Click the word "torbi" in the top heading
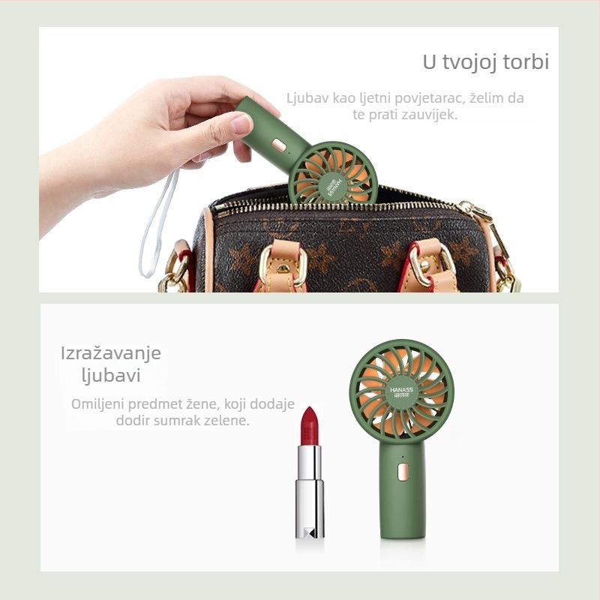pyautogui.click(x=526, y=61)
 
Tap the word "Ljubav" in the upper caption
pyautogui.click(x=308, y=98)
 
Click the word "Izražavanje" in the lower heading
pyautogui.click(x=111, y=353)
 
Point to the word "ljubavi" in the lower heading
pyautogui.click(x=111, y=375)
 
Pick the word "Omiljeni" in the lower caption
pyautogui.click(x=97, y=404)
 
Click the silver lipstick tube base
pyautogui.click(x=310, y=510)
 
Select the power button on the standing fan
pyautogui.click(x=402, y=472)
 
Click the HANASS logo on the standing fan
pyautogui.click(x=402, y=392)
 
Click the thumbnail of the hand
pyautogui.click(x=241, y=124)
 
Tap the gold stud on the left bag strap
pyautogui.click(x=283, y=268)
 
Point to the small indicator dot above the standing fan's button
pyautogui.click(x=403, y=457)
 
